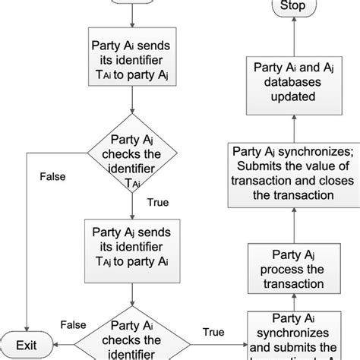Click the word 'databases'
click(293, 84)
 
